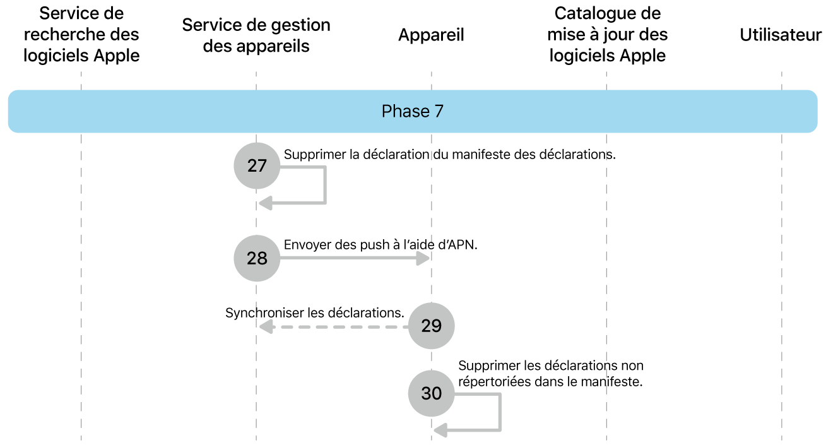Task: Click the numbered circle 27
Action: point(257,166)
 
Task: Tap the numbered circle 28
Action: point(257,258)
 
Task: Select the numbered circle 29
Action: point(432,326)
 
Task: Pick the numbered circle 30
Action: point(432,393)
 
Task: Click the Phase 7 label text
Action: point(413,112)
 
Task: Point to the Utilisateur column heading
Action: point(781,35)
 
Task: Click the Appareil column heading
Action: point(431,35)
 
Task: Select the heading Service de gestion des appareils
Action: point(256,35)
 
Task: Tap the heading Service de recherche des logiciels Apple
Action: point(81,35)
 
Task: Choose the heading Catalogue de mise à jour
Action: point(608,35)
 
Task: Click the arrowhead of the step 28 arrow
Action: point(425,258)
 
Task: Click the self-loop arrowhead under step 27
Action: point(266,203)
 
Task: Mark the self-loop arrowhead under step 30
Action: point(440,430)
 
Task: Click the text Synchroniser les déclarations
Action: point(314,312)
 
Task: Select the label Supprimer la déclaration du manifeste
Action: point(449,155)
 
